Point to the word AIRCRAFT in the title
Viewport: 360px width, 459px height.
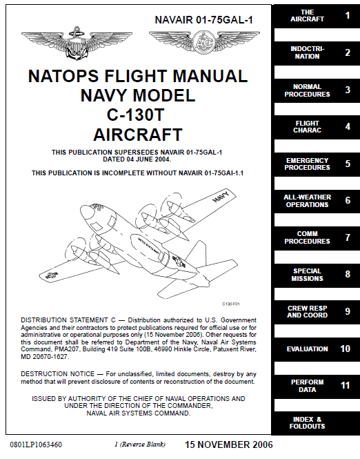(x=138, y=133)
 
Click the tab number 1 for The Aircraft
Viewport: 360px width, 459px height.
(x=347, y=15)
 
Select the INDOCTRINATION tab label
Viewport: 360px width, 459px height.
(x=308, y=52)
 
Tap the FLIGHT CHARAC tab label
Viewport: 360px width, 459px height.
(x=307, y=127)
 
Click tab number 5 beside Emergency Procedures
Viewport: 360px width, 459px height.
(x=347, y=164)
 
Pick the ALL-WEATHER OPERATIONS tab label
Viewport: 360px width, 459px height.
(x=307, y=201)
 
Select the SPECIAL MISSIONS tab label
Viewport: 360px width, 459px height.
(x=307, y=275)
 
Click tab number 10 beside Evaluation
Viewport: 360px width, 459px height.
(x=346, y=349)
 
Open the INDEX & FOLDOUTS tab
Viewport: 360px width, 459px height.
(x=307, y=422)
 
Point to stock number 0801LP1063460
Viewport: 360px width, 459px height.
(x=36, y=445)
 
